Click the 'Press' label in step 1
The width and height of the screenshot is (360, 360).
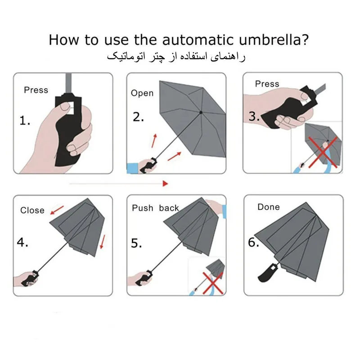pos(36,90)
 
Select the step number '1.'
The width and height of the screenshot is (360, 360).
pos(25,121)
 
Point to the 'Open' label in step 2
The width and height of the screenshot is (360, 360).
pos(142,93)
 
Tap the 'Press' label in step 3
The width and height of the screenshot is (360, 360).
pos(267,84)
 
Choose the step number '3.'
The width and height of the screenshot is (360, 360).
pos(254,117)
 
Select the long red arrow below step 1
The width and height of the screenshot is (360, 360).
pos(119,183)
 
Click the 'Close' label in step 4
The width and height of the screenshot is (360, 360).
pos(32,210)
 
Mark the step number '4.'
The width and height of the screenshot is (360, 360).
pos(23,242)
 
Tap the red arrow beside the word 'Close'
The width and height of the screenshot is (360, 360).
pos(57,210)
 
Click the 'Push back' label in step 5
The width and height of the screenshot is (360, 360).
pos(155,208)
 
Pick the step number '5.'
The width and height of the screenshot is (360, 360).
pos(137,243)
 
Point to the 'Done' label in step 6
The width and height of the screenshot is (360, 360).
pos(269,207)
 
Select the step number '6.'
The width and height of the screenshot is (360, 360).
pos(254,242)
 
